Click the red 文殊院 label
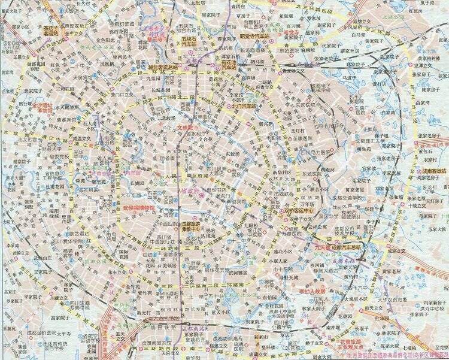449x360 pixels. pos(187,127)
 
